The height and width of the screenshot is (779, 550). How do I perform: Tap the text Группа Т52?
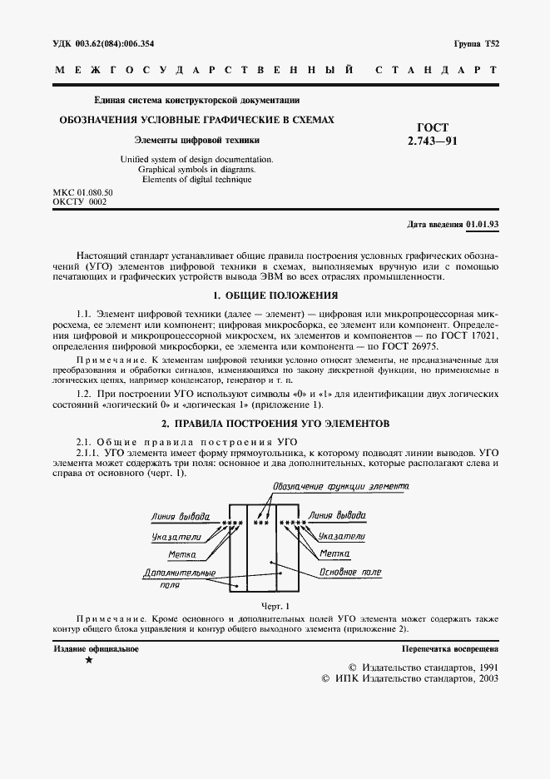click(x=476, y=42)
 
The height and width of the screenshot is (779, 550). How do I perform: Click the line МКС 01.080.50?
click(x=83, y=192)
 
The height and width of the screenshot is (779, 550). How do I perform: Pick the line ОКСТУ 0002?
click(x=80, y=202)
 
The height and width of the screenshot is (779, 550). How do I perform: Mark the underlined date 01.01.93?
click(x=482, y=226)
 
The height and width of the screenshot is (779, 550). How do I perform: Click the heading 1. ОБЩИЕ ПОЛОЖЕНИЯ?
click(x=275, y=295)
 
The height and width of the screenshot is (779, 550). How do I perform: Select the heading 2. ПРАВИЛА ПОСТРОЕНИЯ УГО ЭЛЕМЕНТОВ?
click(x=275, y=424)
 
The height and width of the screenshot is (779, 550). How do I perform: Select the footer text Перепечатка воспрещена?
click(x=449, y=648)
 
